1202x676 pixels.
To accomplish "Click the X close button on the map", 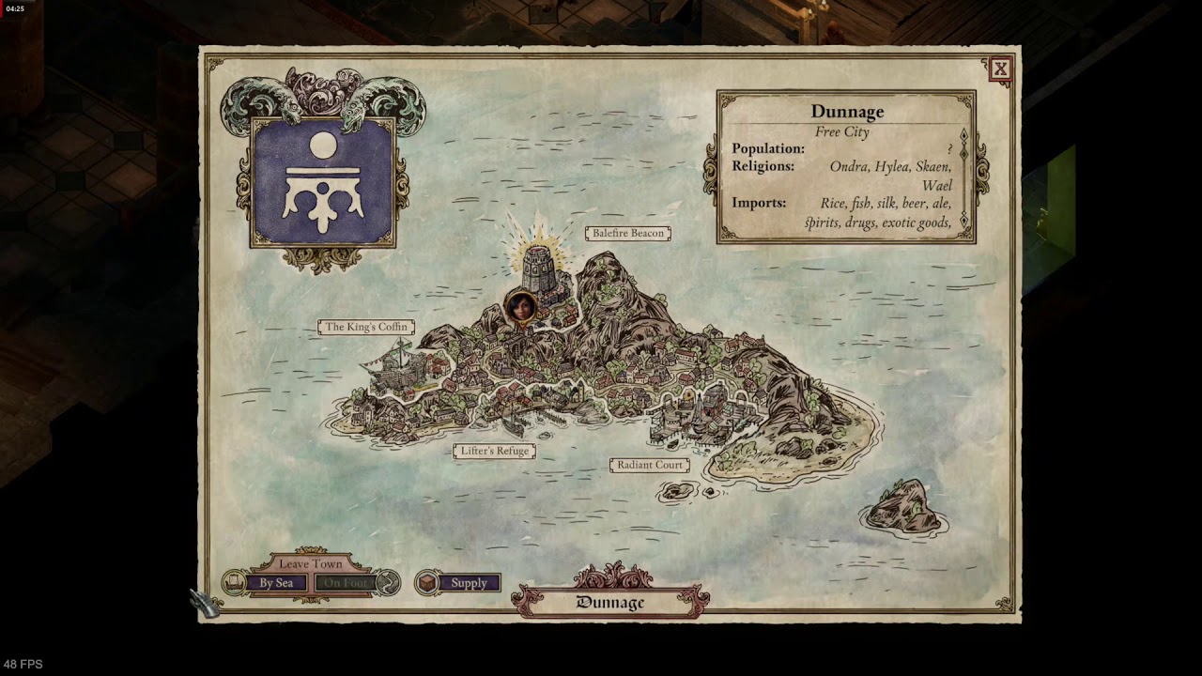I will [x=1000, y=69].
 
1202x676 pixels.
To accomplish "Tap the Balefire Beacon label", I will [x=627, y=233].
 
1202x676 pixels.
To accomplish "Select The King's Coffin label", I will [x=366, y=327].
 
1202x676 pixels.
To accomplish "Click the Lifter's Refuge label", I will [x=495, y=451].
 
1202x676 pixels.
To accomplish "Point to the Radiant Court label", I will [x=650, y=465].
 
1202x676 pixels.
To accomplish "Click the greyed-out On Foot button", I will [x=345, y=583].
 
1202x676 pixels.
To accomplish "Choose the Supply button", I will [x=468, y=583].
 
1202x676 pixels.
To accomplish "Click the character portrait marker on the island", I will [x=519, y=306].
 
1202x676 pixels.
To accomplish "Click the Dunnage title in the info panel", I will [x=847, y=112].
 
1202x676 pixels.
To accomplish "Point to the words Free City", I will [x=841, y=131].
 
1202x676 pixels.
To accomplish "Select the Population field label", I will [x=768, y=148].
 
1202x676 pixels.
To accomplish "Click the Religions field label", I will [x=763, y=166].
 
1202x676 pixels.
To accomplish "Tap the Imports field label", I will [x=759, y=203].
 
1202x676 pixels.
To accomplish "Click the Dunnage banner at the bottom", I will [x=610, y=602].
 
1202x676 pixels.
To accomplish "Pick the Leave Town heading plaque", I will [x=311, y=563].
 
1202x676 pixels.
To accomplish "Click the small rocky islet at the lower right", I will [x=903, y=507].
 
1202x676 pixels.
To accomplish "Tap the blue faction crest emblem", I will [x=323, y=182].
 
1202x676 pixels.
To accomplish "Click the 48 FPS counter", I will [x=23, y=664].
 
